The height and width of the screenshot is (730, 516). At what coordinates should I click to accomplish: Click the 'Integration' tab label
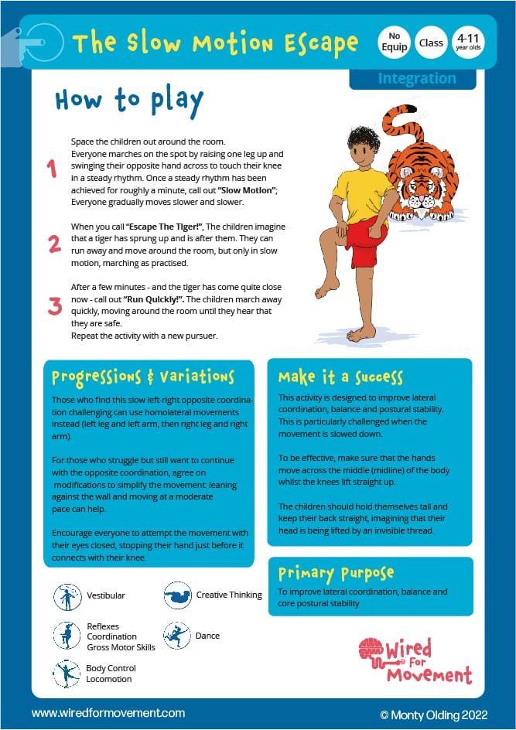(416, 78)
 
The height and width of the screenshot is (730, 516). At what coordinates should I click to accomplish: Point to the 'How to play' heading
(129, 101)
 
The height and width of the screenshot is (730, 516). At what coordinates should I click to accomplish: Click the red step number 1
(53, 169)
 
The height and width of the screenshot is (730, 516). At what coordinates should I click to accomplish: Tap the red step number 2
(54, 244)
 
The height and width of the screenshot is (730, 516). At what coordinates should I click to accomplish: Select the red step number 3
(54, 305)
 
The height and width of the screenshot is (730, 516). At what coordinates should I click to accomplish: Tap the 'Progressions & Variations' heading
(142, 377)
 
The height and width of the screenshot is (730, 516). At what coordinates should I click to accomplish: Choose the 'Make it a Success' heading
(340, 377)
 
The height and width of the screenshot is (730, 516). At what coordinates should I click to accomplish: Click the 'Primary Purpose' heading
(336, 574)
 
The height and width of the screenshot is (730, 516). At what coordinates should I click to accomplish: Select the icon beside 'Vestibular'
(67, 596)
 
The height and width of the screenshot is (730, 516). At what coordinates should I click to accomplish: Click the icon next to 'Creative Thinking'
(177, 596)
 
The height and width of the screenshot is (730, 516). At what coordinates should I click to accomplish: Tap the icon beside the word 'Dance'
(177, 636)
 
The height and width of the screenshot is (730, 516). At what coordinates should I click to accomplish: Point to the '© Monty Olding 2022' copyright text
(434, 712)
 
